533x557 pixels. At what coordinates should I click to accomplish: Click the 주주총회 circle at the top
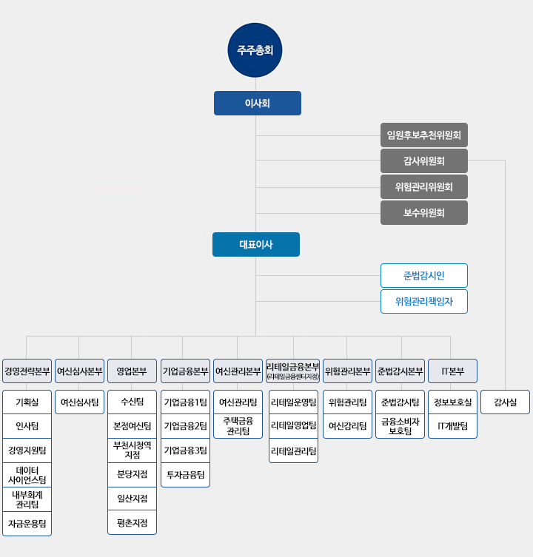point(255,50)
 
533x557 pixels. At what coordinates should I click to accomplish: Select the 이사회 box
point(258,104)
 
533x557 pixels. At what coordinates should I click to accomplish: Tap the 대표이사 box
point(256,244)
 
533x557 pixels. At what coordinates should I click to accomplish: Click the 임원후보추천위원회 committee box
point(424,135)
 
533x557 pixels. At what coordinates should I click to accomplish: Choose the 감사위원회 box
point(424,161)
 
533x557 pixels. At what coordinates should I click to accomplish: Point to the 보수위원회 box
point(424,213)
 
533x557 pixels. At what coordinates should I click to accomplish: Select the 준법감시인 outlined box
point(424,276)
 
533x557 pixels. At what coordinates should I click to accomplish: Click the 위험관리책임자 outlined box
point(424,302)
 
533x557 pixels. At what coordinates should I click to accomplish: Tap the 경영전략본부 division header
point(27,371)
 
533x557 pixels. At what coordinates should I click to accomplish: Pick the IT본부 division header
point(452,371)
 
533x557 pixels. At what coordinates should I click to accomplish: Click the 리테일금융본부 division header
point(293,371)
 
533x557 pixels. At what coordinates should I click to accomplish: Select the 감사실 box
point(506,402)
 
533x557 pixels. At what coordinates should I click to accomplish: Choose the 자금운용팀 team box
point(27,524)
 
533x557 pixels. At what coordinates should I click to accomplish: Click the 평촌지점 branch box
point(132,522)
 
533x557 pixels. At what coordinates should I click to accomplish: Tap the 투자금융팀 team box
point(185,475)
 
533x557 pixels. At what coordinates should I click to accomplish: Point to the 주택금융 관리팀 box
point(238,426)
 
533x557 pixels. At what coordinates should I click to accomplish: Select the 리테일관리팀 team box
point(293,450)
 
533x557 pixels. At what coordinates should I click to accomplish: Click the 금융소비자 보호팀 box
point(400,426)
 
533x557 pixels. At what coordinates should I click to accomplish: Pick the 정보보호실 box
point(452,402)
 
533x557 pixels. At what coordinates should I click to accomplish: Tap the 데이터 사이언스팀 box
point(27,475)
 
